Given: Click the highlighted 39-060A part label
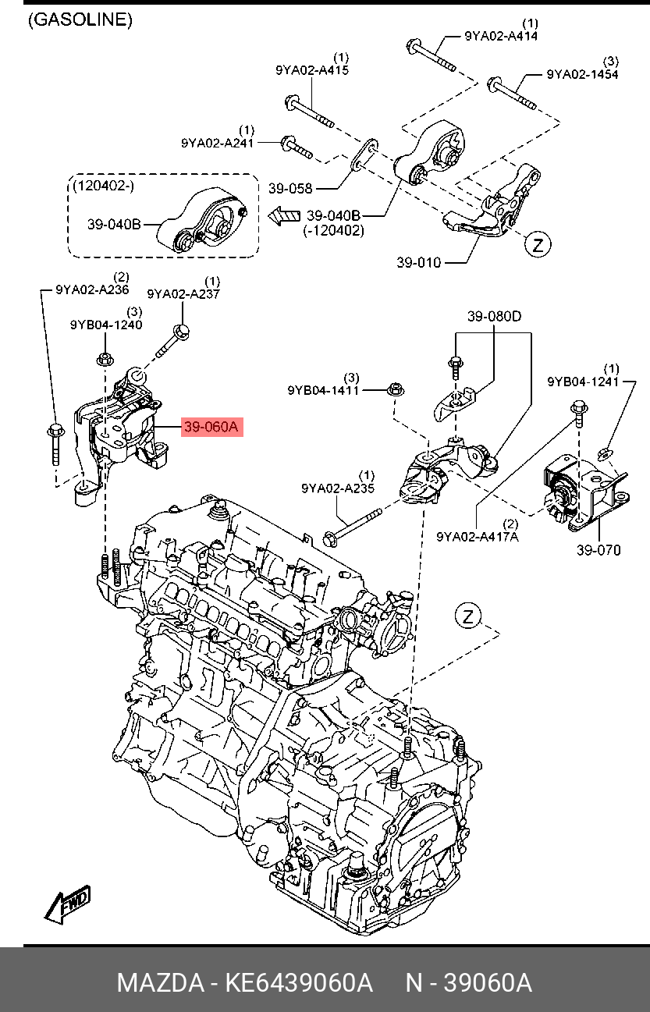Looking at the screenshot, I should pos(212,427).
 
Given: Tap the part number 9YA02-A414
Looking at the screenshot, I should pos(500,35).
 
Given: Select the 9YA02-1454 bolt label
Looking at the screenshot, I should pos(582,74).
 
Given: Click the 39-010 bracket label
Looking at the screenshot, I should pos(418,263).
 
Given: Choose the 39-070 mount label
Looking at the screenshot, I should pos(598,550).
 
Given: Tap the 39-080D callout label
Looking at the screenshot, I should pos(494,317).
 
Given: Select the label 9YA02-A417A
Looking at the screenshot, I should pos(477,537).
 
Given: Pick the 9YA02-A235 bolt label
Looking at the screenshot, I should pos(338,488).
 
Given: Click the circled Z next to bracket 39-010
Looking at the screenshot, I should pos(537,245).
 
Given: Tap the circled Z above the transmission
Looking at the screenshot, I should pos(468,617).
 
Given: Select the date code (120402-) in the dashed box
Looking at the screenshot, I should pos(102,186).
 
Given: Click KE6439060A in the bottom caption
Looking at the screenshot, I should pos(298,982).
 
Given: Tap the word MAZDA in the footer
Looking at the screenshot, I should pos(158,982).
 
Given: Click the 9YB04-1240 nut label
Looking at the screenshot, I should pos(106,325).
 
